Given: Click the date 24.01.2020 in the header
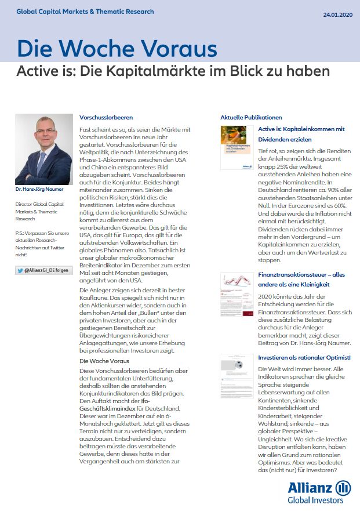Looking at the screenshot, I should tap(336, 14).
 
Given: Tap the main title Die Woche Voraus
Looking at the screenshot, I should tap(117, 49).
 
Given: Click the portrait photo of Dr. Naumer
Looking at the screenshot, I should tap(39, 149).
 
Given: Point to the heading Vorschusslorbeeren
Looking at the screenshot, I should tap(106, 117).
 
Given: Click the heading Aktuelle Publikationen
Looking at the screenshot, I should tap(251, 117).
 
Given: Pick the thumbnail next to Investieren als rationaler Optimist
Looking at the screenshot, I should tap(236, 376).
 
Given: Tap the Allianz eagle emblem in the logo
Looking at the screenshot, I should tap(343, 487).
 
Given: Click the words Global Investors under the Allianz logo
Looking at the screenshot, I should tap(315, 501).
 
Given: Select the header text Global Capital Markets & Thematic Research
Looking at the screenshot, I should tap(85, 11).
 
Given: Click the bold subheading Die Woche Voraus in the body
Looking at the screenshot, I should tap(105, 361).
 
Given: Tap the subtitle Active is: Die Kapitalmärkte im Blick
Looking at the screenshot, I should tap(173, 71).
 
